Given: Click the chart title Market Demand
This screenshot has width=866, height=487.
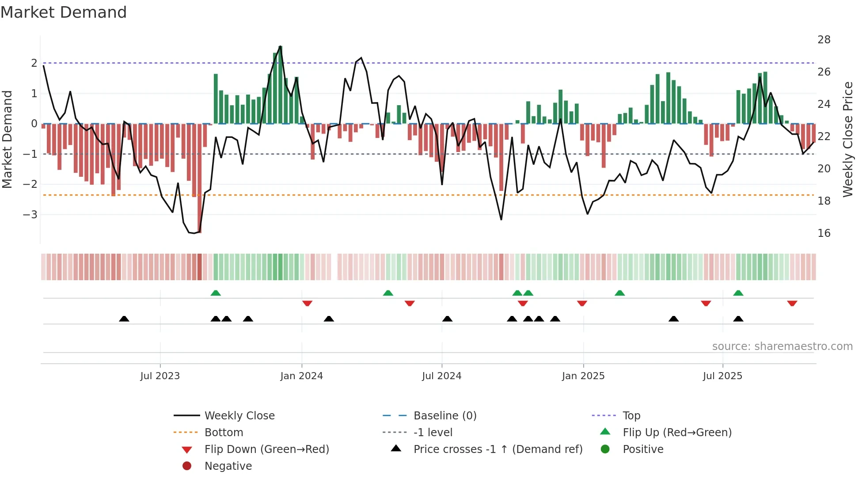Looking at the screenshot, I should click(64, 12).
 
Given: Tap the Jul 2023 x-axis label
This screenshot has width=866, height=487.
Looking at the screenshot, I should click(160, 376).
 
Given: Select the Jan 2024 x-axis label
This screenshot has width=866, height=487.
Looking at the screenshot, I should click(302, 376).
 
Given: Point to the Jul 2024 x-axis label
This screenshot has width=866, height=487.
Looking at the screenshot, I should click(442, 376).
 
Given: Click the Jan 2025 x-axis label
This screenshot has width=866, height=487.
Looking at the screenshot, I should click(583, 376).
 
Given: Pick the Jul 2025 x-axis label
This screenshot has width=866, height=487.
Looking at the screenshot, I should click(723, 376).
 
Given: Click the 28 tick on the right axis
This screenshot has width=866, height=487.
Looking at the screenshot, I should click(824, 40).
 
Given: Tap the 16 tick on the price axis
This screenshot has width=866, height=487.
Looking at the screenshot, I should click(824, 233).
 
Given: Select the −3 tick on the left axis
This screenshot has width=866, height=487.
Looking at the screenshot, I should click(30, 215).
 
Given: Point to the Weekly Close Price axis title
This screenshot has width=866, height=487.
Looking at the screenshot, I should click(848, 139).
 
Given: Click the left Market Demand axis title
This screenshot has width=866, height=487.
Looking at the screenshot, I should click(8, 139).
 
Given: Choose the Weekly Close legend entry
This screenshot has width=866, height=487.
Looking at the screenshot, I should click(239, 416).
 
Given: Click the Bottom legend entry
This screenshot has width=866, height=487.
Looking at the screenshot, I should click(224, 433).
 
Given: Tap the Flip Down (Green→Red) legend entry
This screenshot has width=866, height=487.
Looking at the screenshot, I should click(266, 449).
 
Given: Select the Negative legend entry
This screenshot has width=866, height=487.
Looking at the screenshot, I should click(228, 466).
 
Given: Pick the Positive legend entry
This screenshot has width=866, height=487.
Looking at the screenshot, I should click(643, 449).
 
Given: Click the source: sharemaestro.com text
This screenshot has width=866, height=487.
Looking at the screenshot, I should click(782, 346).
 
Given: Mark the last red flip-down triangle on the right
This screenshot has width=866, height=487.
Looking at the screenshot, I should click(792, 303).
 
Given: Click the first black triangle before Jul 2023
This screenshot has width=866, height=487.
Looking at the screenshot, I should click(124, 319).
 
